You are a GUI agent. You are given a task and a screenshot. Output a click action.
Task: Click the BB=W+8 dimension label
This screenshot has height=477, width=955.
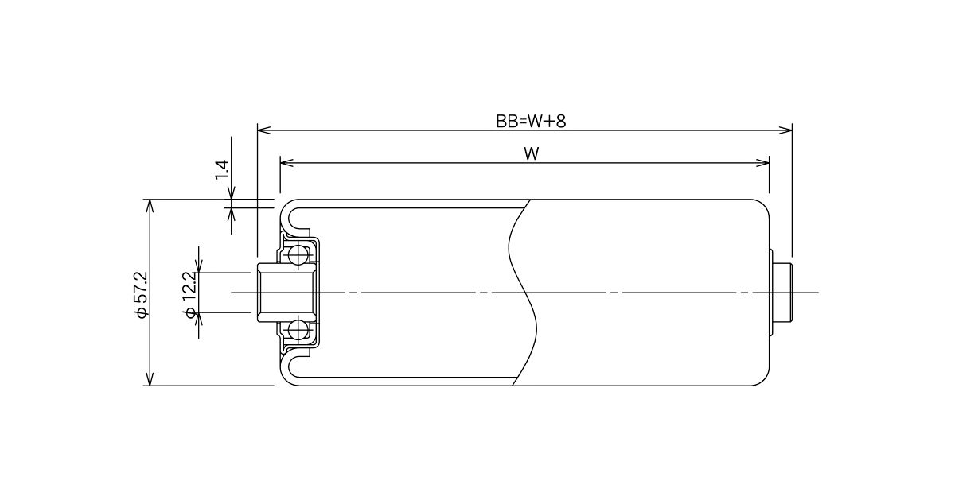[531, 122]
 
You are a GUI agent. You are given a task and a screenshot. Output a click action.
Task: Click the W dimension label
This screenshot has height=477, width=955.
[532, 153]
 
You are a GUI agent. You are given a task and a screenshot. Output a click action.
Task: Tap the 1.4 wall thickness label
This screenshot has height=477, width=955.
[222, 169]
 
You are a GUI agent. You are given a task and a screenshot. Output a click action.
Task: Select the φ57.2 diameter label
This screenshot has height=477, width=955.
[140, 295]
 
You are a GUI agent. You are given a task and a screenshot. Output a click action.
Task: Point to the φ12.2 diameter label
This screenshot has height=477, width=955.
[189, 295]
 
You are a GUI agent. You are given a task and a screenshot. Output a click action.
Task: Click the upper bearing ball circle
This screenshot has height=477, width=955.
[298, 255]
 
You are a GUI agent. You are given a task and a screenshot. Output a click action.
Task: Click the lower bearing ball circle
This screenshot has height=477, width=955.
[298, 330]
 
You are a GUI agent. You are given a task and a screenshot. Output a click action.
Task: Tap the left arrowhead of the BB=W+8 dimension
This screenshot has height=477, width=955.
[264, 130]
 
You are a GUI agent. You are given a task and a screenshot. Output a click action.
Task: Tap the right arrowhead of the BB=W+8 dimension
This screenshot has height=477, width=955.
[785, 130]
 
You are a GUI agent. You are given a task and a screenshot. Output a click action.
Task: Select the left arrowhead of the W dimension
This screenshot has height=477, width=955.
[287, 163]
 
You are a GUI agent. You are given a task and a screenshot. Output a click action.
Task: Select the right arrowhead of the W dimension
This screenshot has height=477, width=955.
[762, 163]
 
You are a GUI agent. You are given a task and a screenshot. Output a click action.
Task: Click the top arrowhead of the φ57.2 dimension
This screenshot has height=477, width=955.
[150, 206]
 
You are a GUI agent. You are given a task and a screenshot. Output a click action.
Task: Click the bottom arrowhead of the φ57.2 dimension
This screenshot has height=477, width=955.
[150, 378]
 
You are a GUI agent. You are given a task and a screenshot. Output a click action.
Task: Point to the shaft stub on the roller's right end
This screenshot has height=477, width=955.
[783, 293]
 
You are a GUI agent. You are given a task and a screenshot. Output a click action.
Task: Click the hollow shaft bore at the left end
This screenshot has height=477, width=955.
[286, 293]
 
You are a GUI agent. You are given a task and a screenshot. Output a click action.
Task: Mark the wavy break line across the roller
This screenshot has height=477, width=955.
[523, 293]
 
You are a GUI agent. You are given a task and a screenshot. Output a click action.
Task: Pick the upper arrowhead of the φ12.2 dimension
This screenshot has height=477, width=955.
[199, 266]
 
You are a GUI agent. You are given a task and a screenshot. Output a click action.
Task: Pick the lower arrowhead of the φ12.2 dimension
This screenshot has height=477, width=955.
[199, 319]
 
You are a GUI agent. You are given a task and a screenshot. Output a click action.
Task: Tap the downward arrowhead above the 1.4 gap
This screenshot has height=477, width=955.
[232, 192]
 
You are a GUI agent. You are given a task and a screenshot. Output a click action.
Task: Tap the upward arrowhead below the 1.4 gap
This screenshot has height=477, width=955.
[232, 215]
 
